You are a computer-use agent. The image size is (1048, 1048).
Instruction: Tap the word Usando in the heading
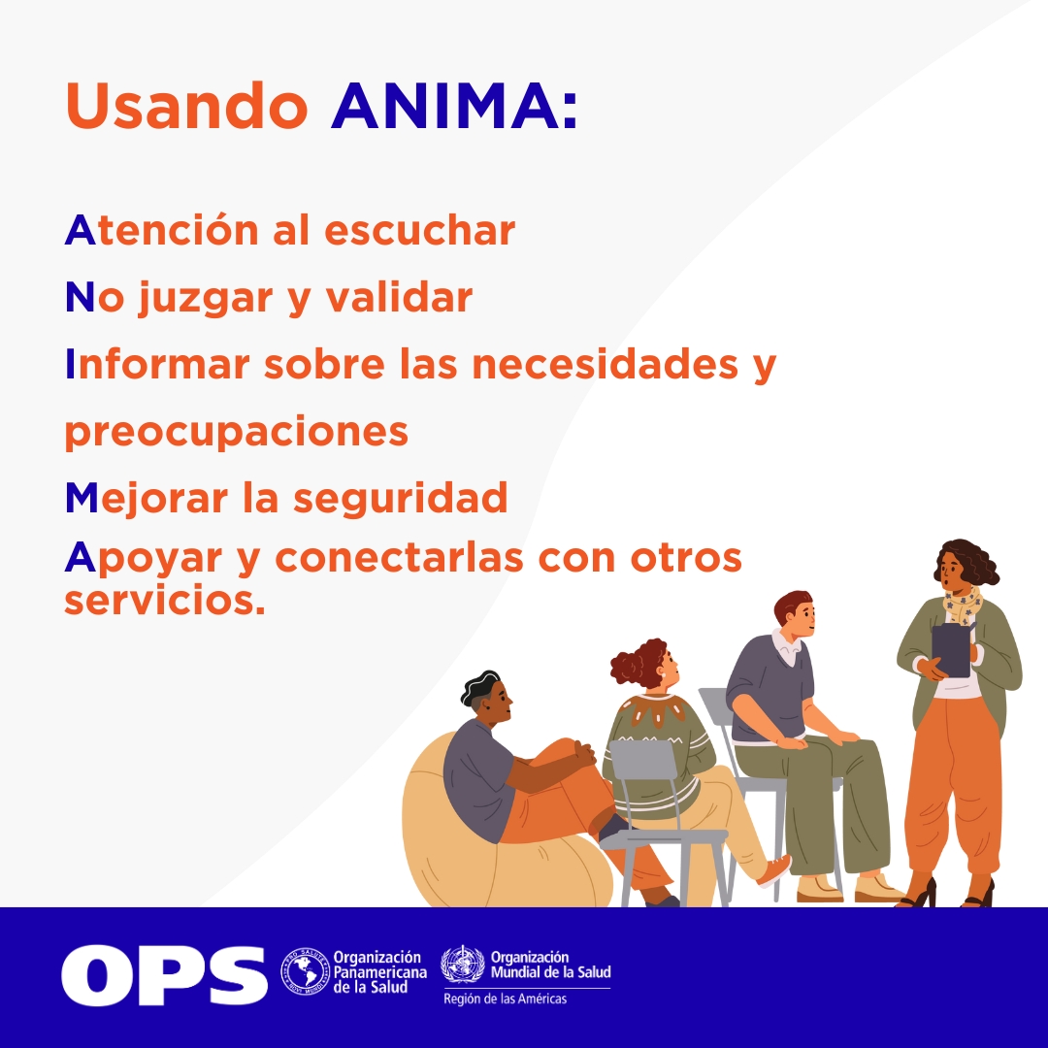click(186, 106)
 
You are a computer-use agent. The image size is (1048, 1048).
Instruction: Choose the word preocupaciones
click(236, 432)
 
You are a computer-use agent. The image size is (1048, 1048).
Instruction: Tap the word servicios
click(164, 601)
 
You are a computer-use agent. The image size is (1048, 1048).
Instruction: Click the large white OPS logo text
click(164, 974)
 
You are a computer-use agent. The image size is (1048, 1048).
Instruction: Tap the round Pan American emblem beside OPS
click(305, 972)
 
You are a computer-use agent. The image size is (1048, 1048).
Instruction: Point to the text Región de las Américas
click(505, 999)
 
